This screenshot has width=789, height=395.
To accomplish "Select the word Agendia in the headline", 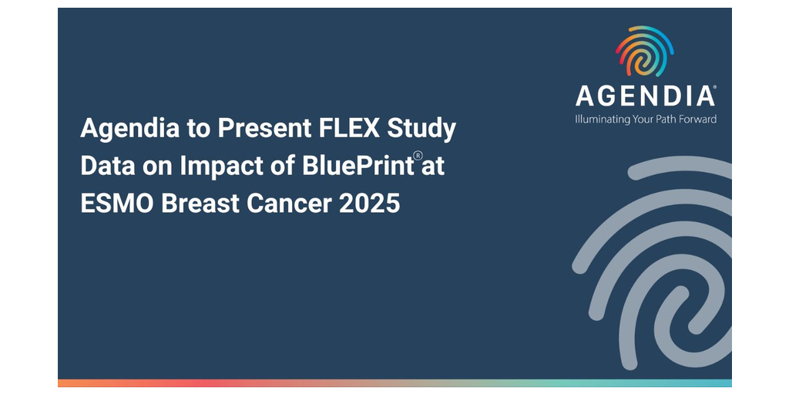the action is pos(129,130).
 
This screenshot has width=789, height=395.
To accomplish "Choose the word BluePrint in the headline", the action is pos(358,167).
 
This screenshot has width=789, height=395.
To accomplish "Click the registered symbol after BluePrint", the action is pos(418,156).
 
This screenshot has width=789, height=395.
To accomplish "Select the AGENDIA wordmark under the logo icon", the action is pos(646,96).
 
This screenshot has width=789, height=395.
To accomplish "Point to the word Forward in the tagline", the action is pos(699,119).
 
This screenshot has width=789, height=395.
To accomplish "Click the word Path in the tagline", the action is pos(668,119).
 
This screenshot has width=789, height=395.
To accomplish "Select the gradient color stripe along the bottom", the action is pos(394,383).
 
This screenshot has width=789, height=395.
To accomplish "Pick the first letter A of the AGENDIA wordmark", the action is pos(586,96).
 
